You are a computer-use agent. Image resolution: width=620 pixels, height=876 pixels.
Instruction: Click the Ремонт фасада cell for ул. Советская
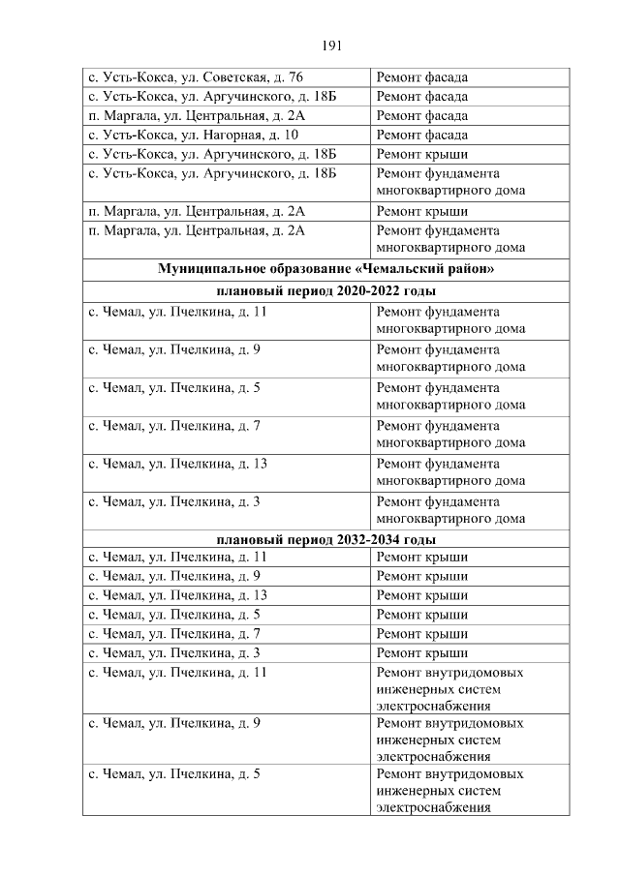pyautogui.click(x=421, y=77)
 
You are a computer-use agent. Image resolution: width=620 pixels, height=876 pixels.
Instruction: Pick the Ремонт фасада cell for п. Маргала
pyautogui.click(x=421, y=116)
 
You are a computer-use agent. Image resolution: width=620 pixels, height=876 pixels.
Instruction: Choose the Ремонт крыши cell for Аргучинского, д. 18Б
pyautogui.click(x=421, y=155)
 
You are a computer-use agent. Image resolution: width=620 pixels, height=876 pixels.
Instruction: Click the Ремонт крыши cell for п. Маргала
pyautogui.click(x=421, y=211)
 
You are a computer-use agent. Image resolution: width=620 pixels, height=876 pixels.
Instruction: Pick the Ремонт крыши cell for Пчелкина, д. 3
pyautogui.click(x=421, y=652)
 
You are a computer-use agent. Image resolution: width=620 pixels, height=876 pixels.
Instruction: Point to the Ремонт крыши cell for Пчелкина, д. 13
pyautogui.click(x=421, y=595)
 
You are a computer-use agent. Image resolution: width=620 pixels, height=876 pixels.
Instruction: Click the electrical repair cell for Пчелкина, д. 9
pyautogui.click(x=450, y=740)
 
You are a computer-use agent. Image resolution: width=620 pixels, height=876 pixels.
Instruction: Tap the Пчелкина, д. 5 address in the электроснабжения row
pyautogui.click(x=174, y=774)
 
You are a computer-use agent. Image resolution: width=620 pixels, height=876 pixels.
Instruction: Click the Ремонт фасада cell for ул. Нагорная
pyautogui.click(x=421, y=136)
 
